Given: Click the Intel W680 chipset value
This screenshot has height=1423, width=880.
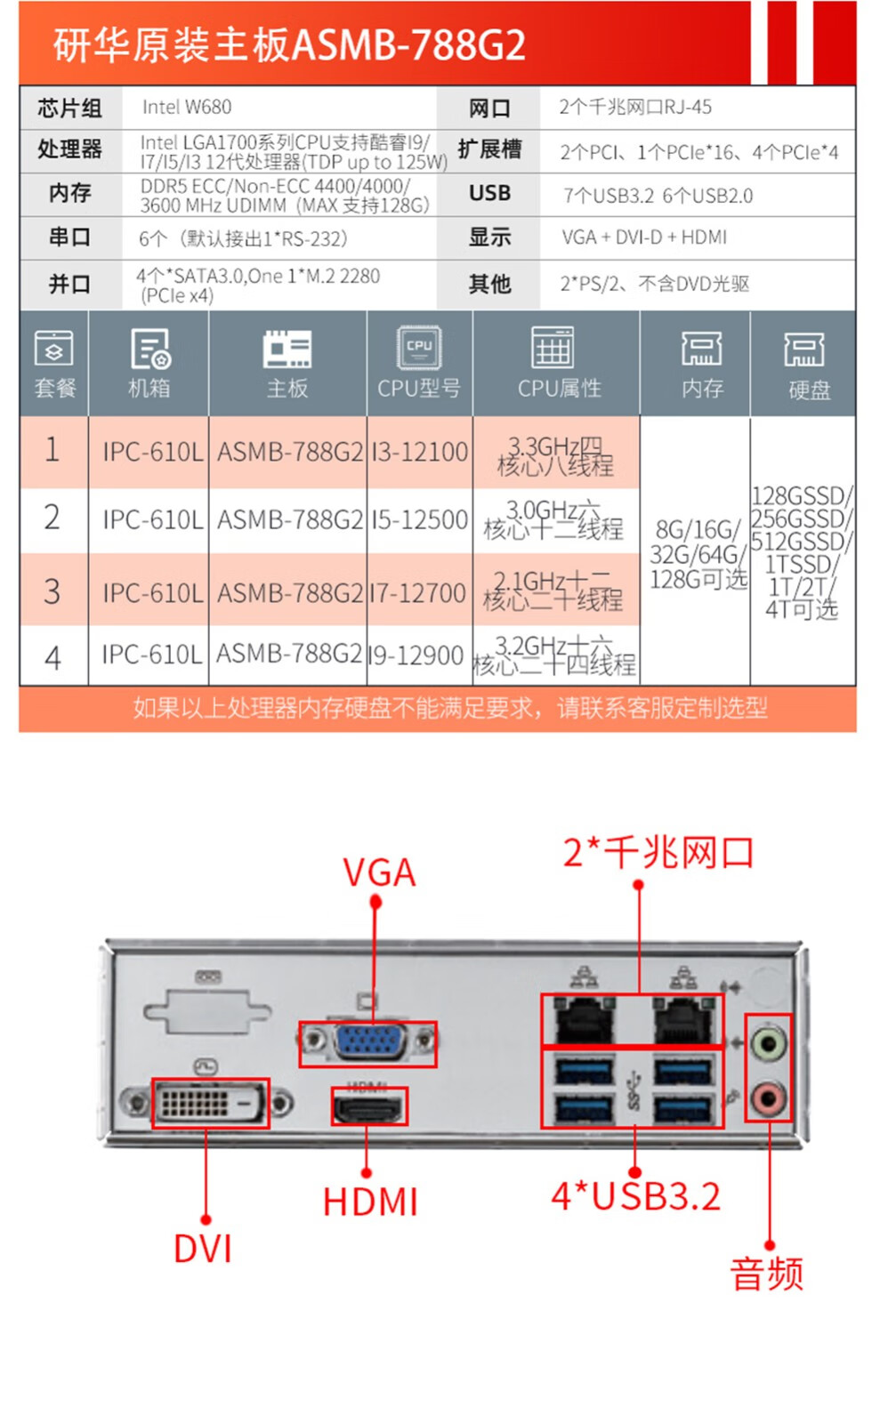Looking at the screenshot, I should (187, 108).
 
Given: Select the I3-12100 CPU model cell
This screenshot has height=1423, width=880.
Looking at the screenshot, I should (419, 452).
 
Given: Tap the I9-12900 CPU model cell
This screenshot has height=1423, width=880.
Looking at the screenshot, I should (416, 655).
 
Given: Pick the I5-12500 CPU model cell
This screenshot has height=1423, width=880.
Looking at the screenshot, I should (419, 519).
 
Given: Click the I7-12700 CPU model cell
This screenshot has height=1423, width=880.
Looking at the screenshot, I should (418, 592).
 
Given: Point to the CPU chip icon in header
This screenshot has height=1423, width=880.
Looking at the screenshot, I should (419, 347).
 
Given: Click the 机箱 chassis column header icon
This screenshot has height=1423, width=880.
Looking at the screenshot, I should (149, 349).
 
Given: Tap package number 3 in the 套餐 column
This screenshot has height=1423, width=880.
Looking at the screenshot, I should (52, 591).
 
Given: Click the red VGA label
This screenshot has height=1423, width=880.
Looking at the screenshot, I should (379, 872).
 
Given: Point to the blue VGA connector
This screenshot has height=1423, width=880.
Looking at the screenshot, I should (369, 1041).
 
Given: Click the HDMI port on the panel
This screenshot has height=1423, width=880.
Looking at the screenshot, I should (368, 1108).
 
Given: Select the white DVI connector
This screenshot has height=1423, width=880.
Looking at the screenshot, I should (209, 1104).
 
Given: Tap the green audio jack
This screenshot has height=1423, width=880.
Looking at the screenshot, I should (768, 1041).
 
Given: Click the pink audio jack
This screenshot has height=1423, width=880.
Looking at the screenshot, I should (768, 1098).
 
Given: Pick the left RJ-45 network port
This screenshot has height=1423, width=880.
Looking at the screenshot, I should (584, 1021).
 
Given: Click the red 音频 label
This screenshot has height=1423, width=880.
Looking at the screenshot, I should (767, 1274).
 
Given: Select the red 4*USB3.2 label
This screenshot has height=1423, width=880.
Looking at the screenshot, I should (635, 1197).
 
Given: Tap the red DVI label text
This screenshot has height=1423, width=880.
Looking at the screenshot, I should (203, 1250).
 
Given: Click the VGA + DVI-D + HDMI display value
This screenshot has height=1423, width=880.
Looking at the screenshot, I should (644, 237).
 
